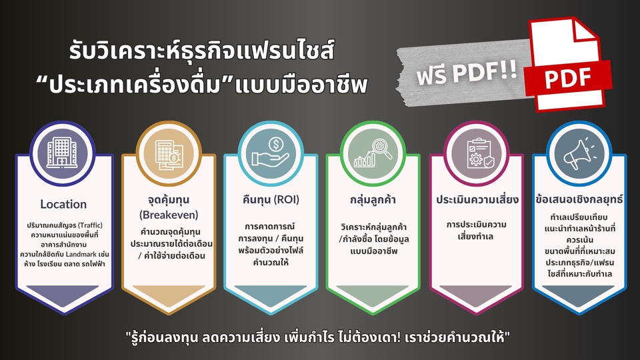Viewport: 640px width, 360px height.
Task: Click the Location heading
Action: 63,204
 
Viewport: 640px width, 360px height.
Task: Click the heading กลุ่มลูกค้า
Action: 371,199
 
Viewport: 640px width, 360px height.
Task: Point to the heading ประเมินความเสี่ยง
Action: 474,199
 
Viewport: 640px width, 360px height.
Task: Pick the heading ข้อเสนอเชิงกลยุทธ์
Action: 577,199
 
